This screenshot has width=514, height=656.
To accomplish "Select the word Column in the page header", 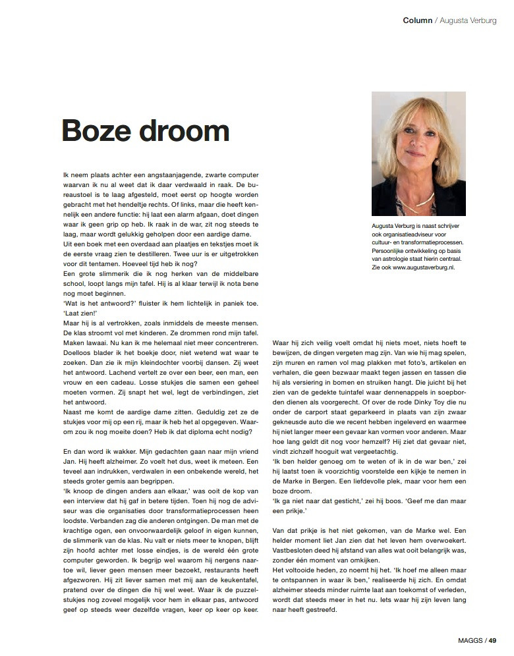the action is pos(417,20).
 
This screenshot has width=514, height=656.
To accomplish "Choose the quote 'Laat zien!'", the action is pos(76,313).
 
